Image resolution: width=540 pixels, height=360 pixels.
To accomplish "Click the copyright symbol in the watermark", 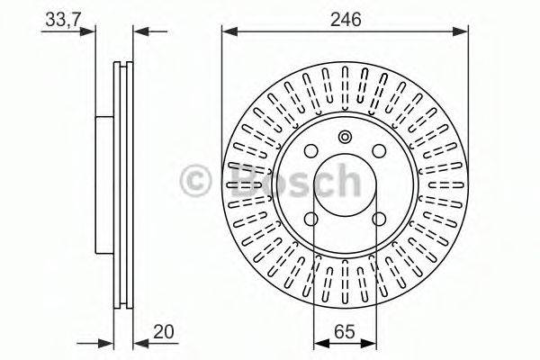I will [196, 181].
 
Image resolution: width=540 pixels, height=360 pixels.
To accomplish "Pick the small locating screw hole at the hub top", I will [346, 137].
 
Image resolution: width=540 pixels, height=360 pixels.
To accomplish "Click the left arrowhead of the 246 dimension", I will [229, 31].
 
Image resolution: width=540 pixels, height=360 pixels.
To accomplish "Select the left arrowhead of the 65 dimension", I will [318, 343].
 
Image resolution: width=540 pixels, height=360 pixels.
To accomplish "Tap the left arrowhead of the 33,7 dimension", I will [90, 31].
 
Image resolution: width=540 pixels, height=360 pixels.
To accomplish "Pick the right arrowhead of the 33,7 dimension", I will [139, 31].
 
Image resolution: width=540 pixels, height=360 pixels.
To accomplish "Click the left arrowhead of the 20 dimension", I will [107, 343].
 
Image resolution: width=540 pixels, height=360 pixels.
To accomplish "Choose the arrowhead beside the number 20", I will [139, 343].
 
